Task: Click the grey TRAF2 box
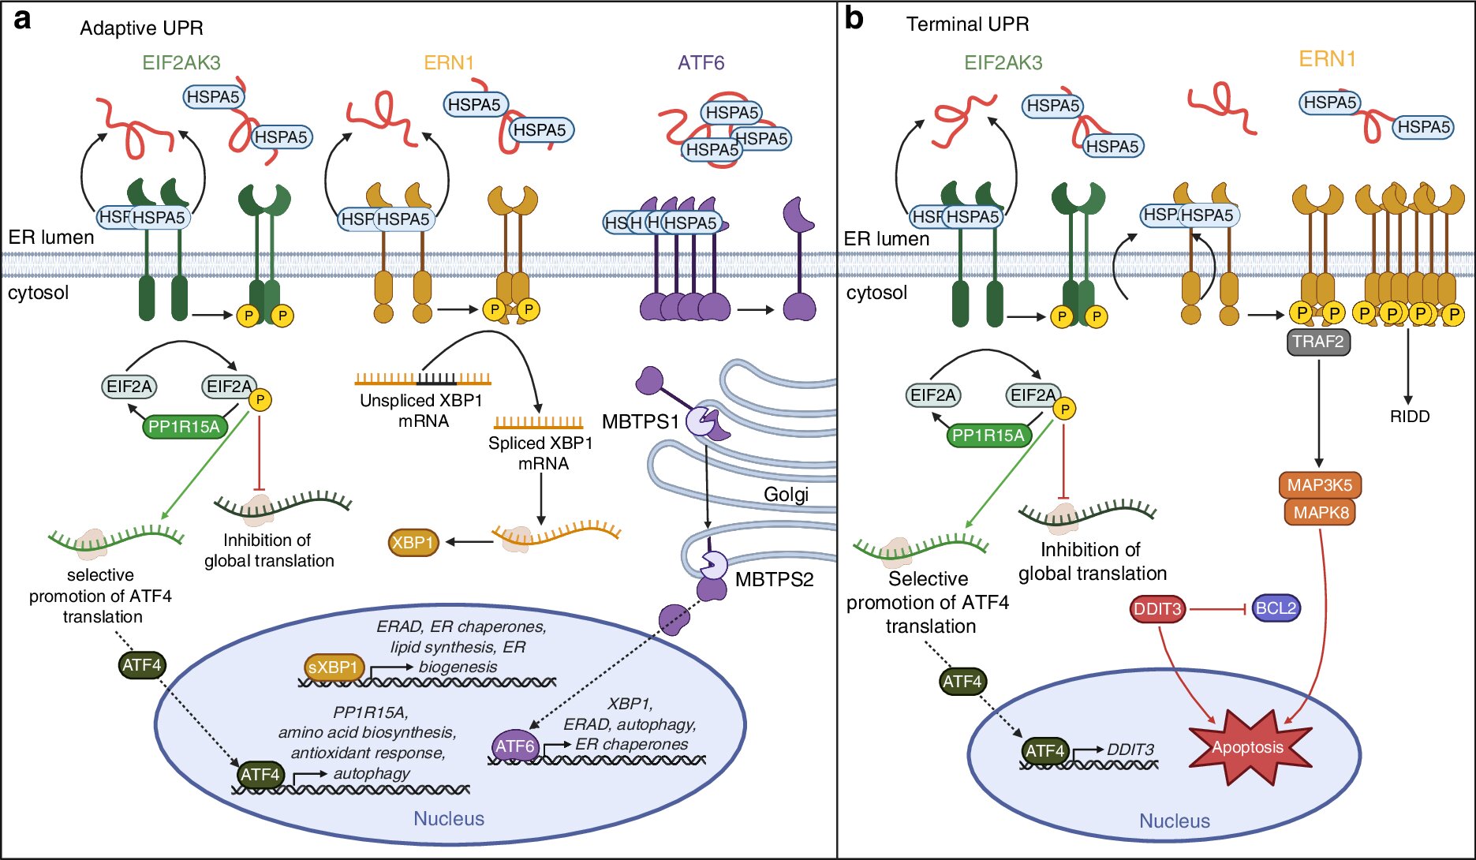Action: tap(1318, 342)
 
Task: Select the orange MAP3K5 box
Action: tap(1320, 485)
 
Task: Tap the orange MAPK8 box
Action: tap(1321, 513)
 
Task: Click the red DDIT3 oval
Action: tap(1157, 609)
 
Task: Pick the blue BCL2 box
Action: tap(1276, 608)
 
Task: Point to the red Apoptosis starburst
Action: tap(1248, 747)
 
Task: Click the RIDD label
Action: tap(1410, 417)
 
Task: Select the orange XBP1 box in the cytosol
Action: tap(413, 543)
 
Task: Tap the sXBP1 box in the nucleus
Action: tap(334, 667)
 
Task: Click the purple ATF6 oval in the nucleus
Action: tap(515, 746)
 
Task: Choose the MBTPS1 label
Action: tap(640, 422)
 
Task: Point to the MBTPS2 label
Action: tap(774, 580)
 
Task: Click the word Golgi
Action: tap(786, 495)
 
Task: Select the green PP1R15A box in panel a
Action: tap(184, 427)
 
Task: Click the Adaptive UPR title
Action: tap(141, 28)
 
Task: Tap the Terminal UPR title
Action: tap(967, 24)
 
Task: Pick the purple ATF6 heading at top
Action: tap(701, 62)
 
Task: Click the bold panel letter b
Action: tap(854, 18)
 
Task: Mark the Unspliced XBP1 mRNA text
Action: tap(421, 411)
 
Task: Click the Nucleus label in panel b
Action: tap(1174, 821)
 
